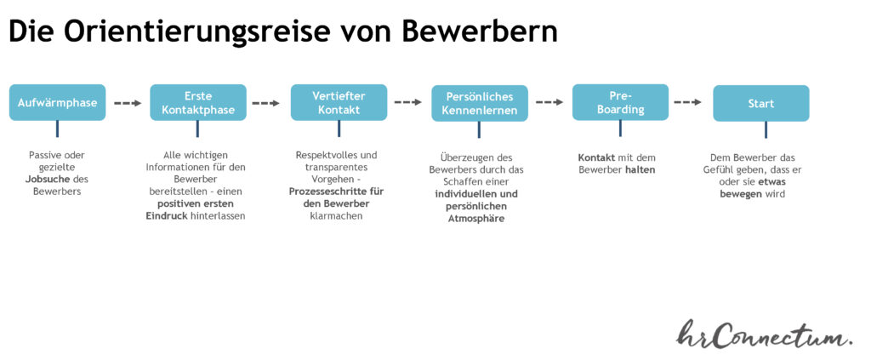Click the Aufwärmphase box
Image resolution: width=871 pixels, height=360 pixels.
coord(57,102)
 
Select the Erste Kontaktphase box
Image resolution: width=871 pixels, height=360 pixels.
coord(198,102)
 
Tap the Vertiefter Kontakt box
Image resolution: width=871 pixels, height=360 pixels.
coord(339,102)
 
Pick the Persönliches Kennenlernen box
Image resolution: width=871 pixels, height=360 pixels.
coord(480,103)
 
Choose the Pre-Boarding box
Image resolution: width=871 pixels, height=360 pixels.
coord(620,102)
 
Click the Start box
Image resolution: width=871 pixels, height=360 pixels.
coord(761,103)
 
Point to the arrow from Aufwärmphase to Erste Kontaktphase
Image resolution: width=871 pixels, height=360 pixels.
coord(128,103)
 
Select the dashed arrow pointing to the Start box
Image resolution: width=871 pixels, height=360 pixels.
coord(687,103)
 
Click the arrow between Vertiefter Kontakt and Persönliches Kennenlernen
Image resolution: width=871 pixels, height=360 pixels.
coord(409,103)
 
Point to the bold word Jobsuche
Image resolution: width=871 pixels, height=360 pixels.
coord(47,180)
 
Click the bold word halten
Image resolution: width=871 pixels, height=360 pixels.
coord(640,169)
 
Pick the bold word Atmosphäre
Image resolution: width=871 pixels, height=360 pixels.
coord(476,219)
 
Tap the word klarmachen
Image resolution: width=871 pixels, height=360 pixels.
coord(336,215)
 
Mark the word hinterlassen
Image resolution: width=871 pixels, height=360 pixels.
coord(218,216)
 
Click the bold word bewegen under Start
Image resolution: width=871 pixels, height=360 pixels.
coord(741,194)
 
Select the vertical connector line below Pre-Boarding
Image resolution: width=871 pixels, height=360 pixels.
coord(620,129)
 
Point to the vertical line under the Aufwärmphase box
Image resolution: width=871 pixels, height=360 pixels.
coord(57,129)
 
